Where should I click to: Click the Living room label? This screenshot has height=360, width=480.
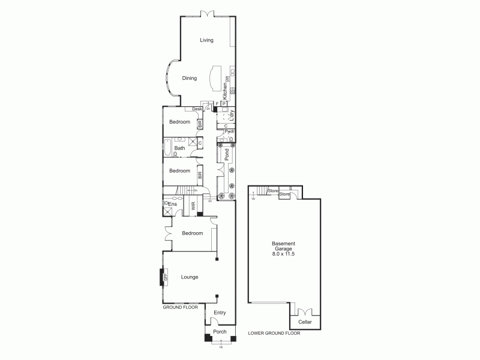coord(207,40)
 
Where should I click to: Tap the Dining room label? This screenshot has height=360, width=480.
coord(190,78)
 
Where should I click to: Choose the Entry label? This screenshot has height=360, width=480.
coord(220,312)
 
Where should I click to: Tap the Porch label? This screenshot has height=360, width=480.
coord(220,332)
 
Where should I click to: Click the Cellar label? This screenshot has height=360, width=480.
coord(305,322)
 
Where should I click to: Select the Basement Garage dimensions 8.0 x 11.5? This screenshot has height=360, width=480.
coord(283,254)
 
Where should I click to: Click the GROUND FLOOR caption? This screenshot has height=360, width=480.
coord(181,307)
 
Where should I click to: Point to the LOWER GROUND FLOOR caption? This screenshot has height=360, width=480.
coord(274,333)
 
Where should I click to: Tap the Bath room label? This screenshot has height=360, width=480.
coord(179,148)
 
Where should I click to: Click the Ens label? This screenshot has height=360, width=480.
coord(172,205)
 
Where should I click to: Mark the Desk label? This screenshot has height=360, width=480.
coord(197,109)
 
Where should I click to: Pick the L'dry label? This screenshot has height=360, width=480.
coord(232,115)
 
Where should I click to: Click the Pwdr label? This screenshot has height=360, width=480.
coord(229,131)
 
